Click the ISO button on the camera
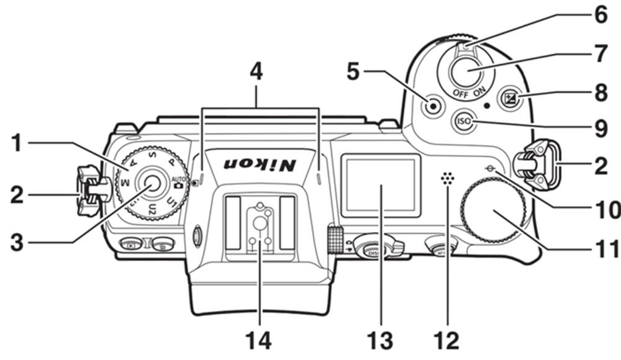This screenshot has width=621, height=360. click(463, 122)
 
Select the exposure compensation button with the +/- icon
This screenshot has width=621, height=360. click(512, 97)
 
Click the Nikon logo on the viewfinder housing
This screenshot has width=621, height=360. click(260, 163)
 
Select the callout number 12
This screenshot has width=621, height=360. click(448, 340)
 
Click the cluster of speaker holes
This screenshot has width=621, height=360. click(445, 179)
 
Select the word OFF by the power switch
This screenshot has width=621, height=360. click(460, 94)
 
